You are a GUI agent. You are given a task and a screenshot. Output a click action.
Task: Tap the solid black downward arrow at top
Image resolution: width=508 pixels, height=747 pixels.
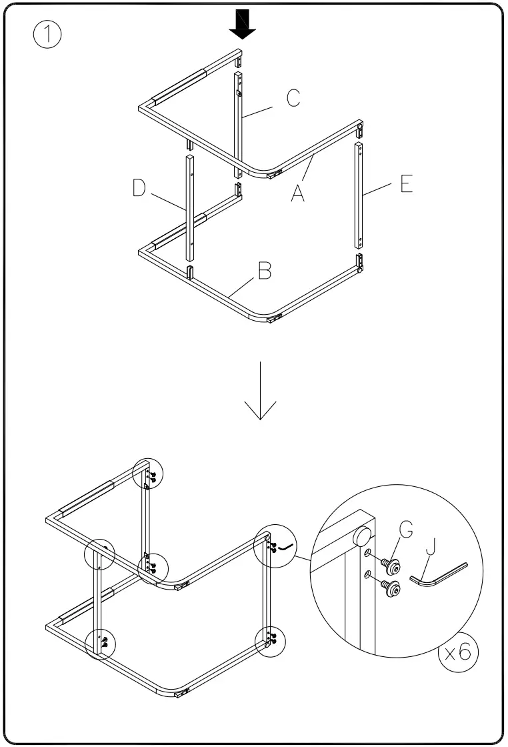[242, 25]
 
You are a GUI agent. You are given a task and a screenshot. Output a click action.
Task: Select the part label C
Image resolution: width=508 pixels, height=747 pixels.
[292, 98]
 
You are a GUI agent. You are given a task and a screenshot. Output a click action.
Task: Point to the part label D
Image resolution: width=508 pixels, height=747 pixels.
[138, 189]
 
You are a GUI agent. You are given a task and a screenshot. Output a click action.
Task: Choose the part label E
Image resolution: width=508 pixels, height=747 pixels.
[406, 185]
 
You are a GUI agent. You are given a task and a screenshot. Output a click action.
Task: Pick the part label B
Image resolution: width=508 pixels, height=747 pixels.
[265, 271]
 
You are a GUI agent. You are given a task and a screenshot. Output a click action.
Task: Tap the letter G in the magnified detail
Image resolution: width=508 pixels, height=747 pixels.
[407, 530]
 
